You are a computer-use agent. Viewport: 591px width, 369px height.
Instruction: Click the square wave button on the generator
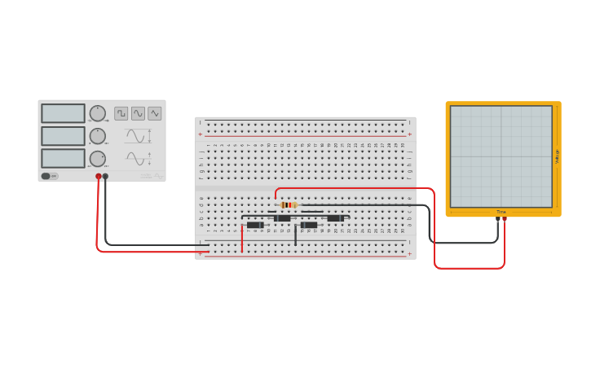(x=121, y=113)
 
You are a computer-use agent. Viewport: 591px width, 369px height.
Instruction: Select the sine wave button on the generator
(x=138, y=113)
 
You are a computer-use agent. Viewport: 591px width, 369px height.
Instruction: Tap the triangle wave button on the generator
(x=154, y=113)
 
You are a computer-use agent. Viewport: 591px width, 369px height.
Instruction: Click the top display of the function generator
(x=63, y=113)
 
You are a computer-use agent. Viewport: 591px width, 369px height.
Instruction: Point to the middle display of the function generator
(x=63, y=135)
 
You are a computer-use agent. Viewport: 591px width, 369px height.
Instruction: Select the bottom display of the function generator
(x=63, y=157)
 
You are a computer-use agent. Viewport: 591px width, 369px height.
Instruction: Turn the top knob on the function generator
(x=98, y=113)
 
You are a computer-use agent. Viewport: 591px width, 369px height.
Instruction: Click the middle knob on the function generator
(x=98, y=136)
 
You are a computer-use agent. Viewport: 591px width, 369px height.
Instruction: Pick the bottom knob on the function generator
(x=98, y=158)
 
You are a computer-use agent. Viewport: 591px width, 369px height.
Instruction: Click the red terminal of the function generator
(x=99, y=176)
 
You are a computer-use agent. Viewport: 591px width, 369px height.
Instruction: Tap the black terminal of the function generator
(x=105, y=176)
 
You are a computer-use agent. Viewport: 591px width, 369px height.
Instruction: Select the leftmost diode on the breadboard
(x=255, y=225)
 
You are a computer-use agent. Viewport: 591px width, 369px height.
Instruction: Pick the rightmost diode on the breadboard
(x=335, y=218)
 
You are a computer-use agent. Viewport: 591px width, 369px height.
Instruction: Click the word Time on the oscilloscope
(x=501, y=212)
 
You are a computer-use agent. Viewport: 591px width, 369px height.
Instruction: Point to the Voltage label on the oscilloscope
(x=557, y=156)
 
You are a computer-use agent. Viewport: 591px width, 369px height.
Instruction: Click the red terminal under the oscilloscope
(x=505, y=219)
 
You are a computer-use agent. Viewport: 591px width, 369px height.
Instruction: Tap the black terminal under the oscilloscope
(x=498, y=219)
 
